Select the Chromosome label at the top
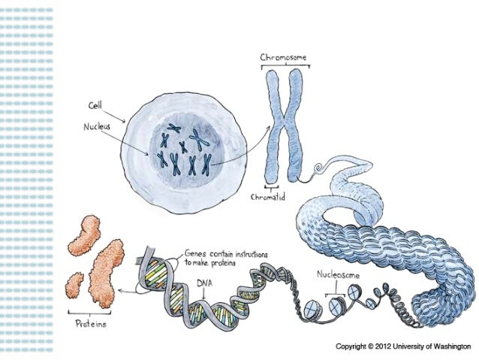coord(283,57)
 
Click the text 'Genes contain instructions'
coord(226,254)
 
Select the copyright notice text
coord(401,346)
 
